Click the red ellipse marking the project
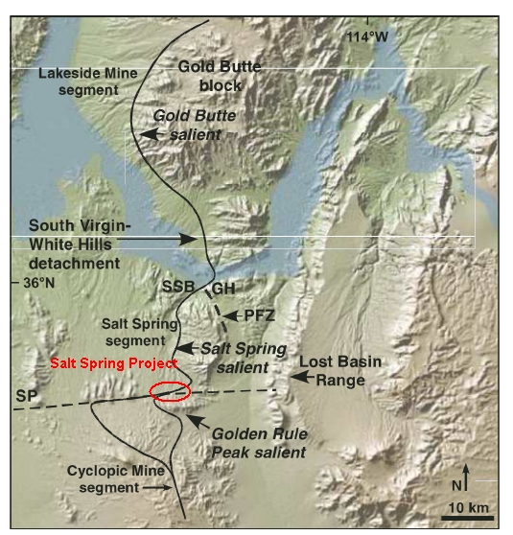click(171, 391)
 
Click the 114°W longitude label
click(368, 36)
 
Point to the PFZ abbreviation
click(256, 314)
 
